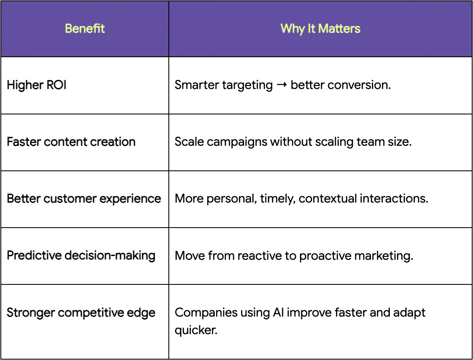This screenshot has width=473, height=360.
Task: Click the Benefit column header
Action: tap(85, 29)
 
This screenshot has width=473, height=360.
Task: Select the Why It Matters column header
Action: tap(320, 29)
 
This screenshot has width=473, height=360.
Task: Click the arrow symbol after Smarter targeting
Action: tap(282, 85)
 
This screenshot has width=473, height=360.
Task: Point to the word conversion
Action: tap(359, 85)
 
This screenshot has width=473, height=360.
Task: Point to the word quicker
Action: tap(196, 330)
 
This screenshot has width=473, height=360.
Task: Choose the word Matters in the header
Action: tap(339, 29)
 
